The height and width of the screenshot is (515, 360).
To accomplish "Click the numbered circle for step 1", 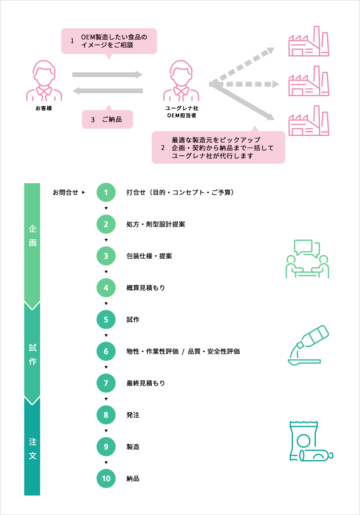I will point(106,193).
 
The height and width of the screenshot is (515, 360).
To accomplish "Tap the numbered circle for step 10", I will point(106,478).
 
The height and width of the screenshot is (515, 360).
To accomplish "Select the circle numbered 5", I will point(106,319).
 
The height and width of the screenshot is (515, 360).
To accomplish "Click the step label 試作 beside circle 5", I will point(133,320).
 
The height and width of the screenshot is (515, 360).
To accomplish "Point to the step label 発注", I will point(133,415).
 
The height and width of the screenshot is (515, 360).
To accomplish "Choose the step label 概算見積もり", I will point(145,288).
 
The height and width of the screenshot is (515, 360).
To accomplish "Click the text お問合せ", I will point(66,193).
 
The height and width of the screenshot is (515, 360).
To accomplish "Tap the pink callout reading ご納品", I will point(107,119).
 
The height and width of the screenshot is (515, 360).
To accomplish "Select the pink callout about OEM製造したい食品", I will point(109,41).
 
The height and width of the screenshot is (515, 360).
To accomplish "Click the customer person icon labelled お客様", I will point(44,81).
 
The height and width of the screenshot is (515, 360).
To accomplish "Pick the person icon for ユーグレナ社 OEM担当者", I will point(181,81).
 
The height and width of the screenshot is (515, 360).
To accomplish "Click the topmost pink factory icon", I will point(309,41).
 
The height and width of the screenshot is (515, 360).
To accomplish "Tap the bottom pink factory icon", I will point(309,121).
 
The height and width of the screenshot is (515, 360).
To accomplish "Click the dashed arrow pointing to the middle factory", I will point(246,84).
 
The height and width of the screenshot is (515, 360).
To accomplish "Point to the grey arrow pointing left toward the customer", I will point(108,91).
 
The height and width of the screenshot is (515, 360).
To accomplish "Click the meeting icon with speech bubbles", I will point(308,259).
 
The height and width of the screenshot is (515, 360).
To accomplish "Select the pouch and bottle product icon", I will point(310,442).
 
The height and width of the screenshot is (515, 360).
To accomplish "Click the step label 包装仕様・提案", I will point(149,256).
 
